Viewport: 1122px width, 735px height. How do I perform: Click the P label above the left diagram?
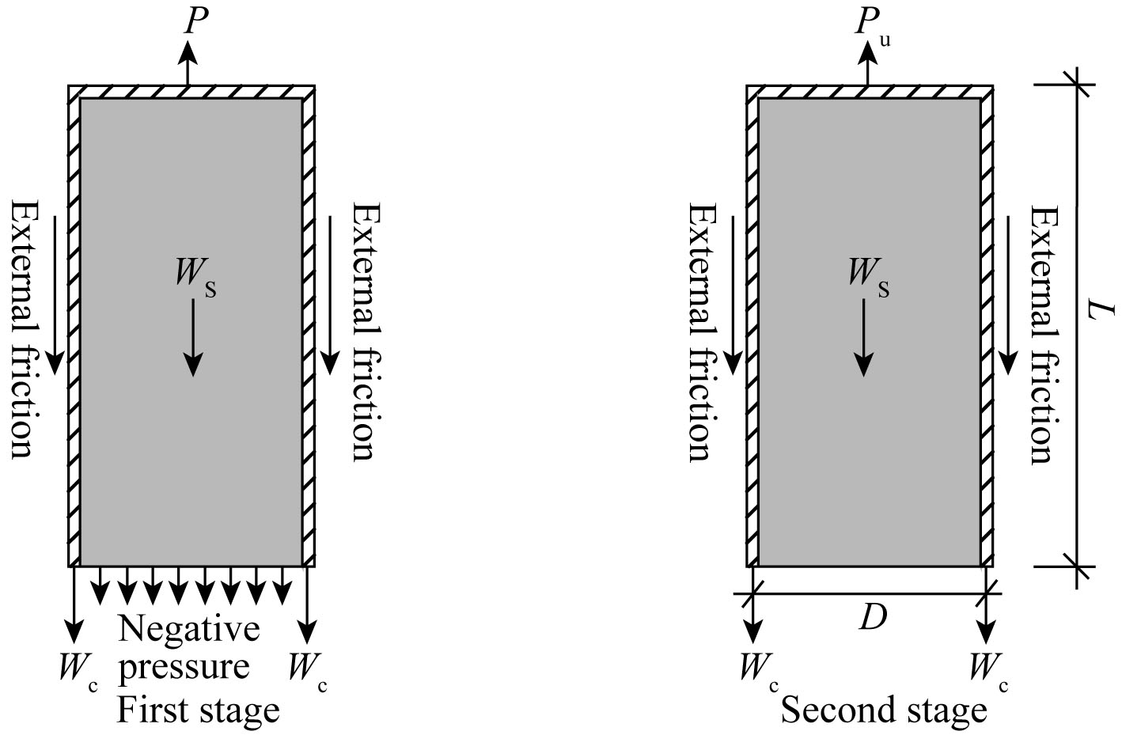click(195, 21)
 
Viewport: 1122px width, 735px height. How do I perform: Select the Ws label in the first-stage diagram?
click(195, 275)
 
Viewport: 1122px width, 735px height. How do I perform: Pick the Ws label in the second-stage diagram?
click(868, 275)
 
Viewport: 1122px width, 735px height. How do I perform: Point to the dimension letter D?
click(872, 617)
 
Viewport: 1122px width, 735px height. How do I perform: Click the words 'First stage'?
click(199, 710)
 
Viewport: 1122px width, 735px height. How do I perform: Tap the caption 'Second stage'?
click(884, 710)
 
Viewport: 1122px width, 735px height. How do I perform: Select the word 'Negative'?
click(189, 629)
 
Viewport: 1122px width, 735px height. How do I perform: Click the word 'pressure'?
click(184, 667)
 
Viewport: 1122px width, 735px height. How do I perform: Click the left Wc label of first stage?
click(78, 669)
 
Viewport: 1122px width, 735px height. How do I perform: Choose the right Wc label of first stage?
click(307, 669)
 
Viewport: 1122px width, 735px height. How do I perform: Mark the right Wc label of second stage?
click(988, 669)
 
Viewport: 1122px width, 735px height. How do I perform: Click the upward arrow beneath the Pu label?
click(869, 63)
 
